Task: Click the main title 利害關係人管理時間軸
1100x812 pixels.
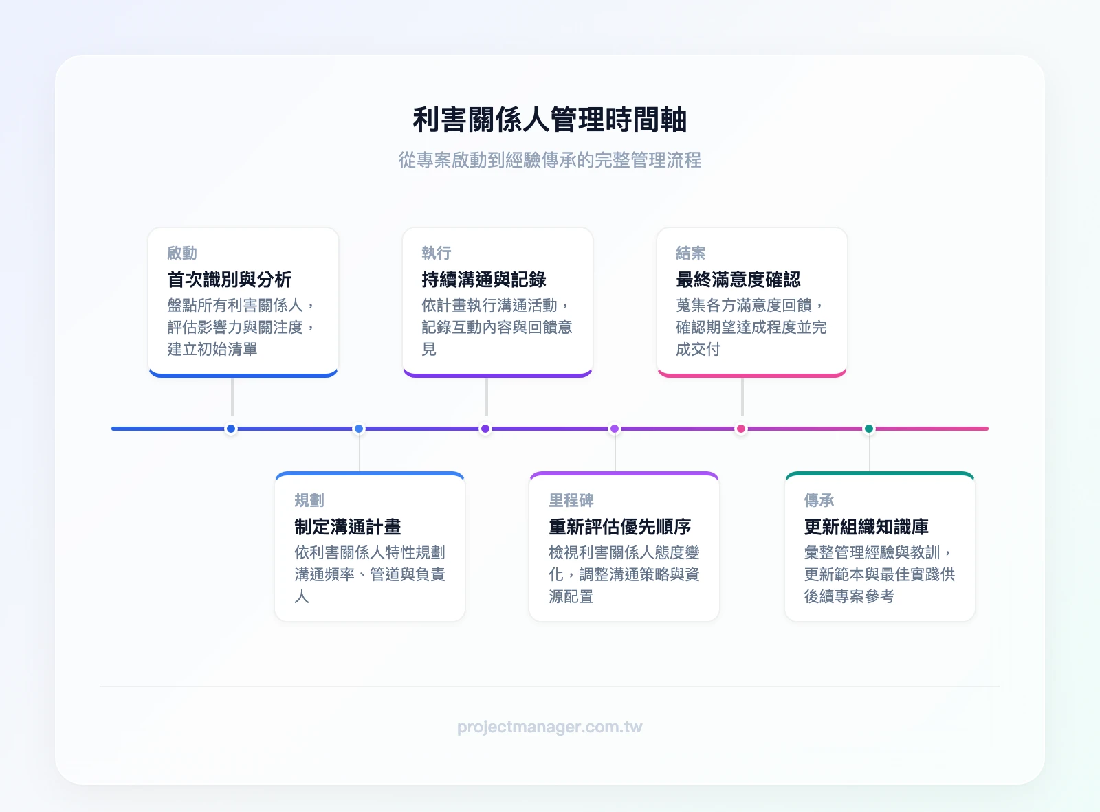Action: point(549,120)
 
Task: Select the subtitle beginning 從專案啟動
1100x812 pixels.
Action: point(549,160)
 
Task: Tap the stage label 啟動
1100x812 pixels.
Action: point(182,253)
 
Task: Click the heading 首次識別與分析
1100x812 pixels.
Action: point(230,280)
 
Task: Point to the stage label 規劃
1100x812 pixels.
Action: point(309,500)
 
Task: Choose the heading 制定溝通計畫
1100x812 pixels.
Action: point(348,527)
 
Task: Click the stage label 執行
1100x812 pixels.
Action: point(437,253)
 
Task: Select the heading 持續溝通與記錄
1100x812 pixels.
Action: point(484,280)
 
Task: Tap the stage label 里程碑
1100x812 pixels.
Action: point(571,500)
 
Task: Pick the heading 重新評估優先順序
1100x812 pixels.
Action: point(620,527)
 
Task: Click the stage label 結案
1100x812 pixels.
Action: point(691,253)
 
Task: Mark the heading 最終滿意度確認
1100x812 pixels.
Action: point(738,280)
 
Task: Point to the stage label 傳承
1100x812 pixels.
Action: point(819,500)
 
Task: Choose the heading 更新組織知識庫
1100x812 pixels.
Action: point(867,527)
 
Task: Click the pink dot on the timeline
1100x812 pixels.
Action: point(741,429)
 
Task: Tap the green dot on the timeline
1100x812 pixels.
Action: point(869,429)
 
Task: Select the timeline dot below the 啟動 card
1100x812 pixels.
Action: point(231,429)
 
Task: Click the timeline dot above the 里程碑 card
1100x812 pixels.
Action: point(615,429)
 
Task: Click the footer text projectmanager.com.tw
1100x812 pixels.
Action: point(549,727)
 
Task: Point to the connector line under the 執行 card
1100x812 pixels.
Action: point(487,397)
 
